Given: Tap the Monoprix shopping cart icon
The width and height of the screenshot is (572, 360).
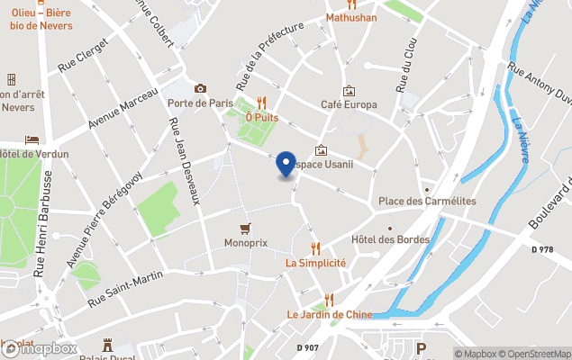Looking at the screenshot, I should [x=245, y=229].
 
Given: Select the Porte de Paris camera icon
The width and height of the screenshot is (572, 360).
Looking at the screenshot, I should [x=200, y=88].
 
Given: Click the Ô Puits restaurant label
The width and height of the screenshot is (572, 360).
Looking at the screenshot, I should [x=262, y=117].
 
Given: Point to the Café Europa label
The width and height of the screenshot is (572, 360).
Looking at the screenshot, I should [x=349, y=105].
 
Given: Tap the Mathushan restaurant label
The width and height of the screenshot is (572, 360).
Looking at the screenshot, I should [x=351, y=17].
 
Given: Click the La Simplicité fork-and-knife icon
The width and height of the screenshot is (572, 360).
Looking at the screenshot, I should [x=315, y=247].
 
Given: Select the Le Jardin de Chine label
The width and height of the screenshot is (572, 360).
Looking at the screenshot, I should [x=329, y=314].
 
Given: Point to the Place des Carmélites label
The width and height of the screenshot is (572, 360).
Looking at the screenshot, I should [x=427, y=201].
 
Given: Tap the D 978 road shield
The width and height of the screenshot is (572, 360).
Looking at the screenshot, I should [x=543, y=248].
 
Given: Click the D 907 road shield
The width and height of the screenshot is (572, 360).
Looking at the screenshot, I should [x=309, y=346].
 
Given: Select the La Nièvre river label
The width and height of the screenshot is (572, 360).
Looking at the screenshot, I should [x=522, y=137].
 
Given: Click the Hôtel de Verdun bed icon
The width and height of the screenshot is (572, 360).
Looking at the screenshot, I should [x=32, y=139].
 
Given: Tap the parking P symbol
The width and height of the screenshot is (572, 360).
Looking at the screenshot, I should [x=421, y=349].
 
